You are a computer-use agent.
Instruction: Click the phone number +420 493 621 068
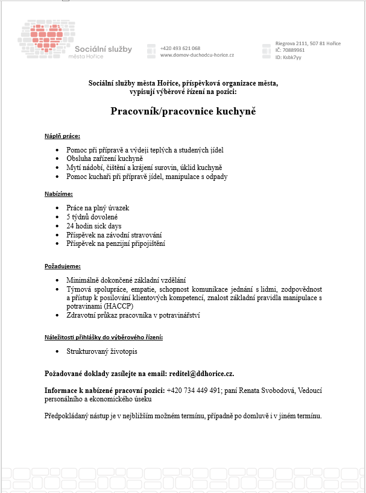180,48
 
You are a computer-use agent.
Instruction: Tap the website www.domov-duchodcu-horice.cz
197,55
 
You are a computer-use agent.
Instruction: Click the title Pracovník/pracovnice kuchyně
183,111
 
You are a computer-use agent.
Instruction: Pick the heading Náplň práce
62,136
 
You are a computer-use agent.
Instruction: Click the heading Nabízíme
58,193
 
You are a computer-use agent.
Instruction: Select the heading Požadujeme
62,266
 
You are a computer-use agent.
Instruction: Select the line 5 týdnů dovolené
92,216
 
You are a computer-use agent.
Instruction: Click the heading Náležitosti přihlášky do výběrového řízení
104,337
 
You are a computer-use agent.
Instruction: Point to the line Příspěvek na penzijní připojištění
116,243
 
